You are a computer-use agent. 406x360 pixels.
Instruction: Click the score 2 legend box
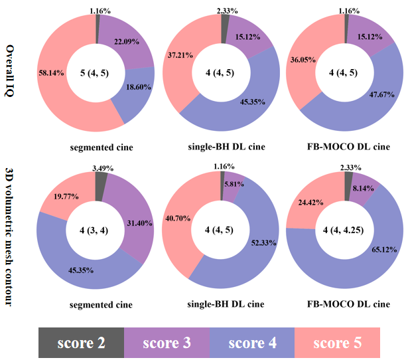pyautogui.click(x=81, y=343)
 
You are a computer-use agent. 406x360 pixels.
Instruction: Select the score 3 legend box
pyautogui.click(x=167, y=343)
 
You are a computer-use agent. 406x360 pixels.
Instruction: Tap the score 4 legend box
pyautogui.click(x=251, y=343)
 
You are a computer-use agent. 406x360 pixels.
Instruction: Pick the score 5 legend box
pyautogui.click(x=337, y=343)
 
